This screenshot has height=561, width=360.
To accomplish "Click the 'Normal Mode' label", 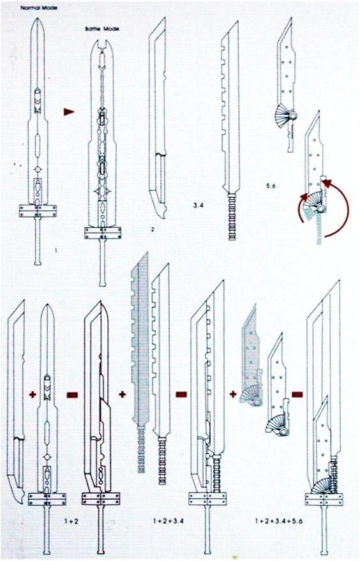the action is [x=39, y=7].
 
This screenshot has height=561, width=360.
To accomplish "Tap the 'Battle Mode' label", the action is [x=102, y=29].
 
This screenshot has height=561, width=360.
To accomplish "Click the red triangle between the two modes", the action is [x=69, y=112].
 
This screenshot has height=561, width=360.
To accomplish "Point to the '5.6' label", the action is [x=271, y=186].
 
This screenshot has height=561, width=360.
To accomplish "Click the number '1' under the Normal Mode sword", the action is [x=56, y=251].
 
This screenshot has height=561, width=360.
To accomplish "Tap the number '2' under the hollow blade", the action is [x=153, y=230].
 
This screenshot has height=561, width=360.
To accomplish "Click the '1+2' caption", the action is [x=71, y=521].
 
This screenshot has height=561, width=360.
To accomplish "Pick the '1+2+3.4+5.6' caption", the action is [x=279, y=521].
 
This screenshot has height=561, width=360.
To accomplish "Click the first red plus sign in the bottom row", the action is [x=33, y=394].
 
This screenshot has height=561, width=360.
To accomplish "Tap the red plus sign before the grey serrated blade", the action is [x=123, y=394].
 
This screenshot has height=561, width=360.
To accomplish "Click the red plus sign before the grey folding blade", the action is [x=233, y=394].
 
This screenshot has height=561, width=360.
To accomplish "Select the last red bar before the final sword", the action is [x=297, y=394].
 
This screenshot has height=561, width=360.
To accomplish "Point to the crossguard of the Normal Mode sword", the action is [x=38, y=211].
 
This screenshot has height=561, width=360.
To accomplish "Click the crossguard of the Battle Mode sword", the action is [x=103, y=233].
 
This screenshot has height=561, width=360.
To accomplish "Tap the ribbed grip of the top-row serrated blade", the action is [x=232, y=216].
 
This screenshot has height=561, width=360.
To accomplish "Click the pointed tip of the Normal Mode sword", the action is [x=37, y=19].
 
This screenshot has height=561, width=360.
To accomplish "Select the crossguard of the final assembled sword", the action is [x=324, y=499].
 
